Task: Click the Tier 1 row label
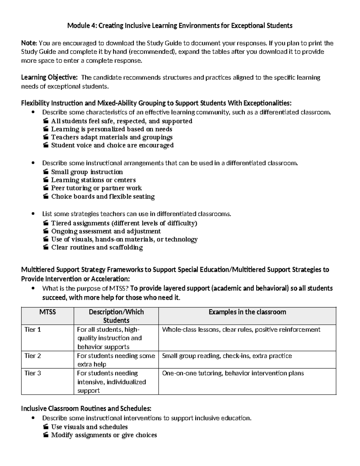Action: (33, 329)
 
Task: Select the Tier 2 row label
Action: (33, 356)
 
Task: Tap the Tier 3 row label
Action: (33, 373)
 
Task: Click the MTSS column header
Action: (48, 312)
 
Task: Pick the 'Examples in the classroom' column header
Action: (247, 312)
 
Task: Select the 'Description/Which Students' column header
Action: (116, 316)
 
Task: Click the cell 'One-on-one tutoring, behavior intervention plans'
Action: (233, 373)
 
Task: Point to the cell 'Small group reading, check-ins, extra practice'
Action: (227, 356)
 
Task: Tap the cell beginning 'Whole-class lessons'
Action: (241, 329)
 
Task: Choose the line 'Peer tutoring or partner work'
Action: (96, 188)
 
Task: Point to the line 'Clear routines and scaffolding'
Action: (97, 247)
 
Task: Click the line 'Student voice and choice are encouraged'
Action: (112, 145)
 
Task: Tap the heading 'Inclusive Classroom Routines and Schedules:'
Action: (86, 408)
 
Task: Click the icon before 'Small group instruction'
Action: (45, 172)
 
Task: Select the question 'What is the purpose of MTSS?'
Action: (85, 288)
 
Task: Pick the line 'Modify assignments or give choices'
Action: (104, 435)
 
